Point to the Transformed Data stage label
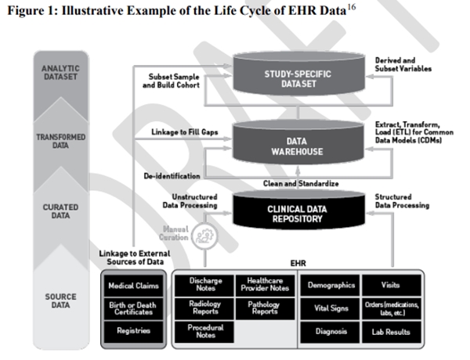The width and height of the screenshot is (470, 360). (60, 142)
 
